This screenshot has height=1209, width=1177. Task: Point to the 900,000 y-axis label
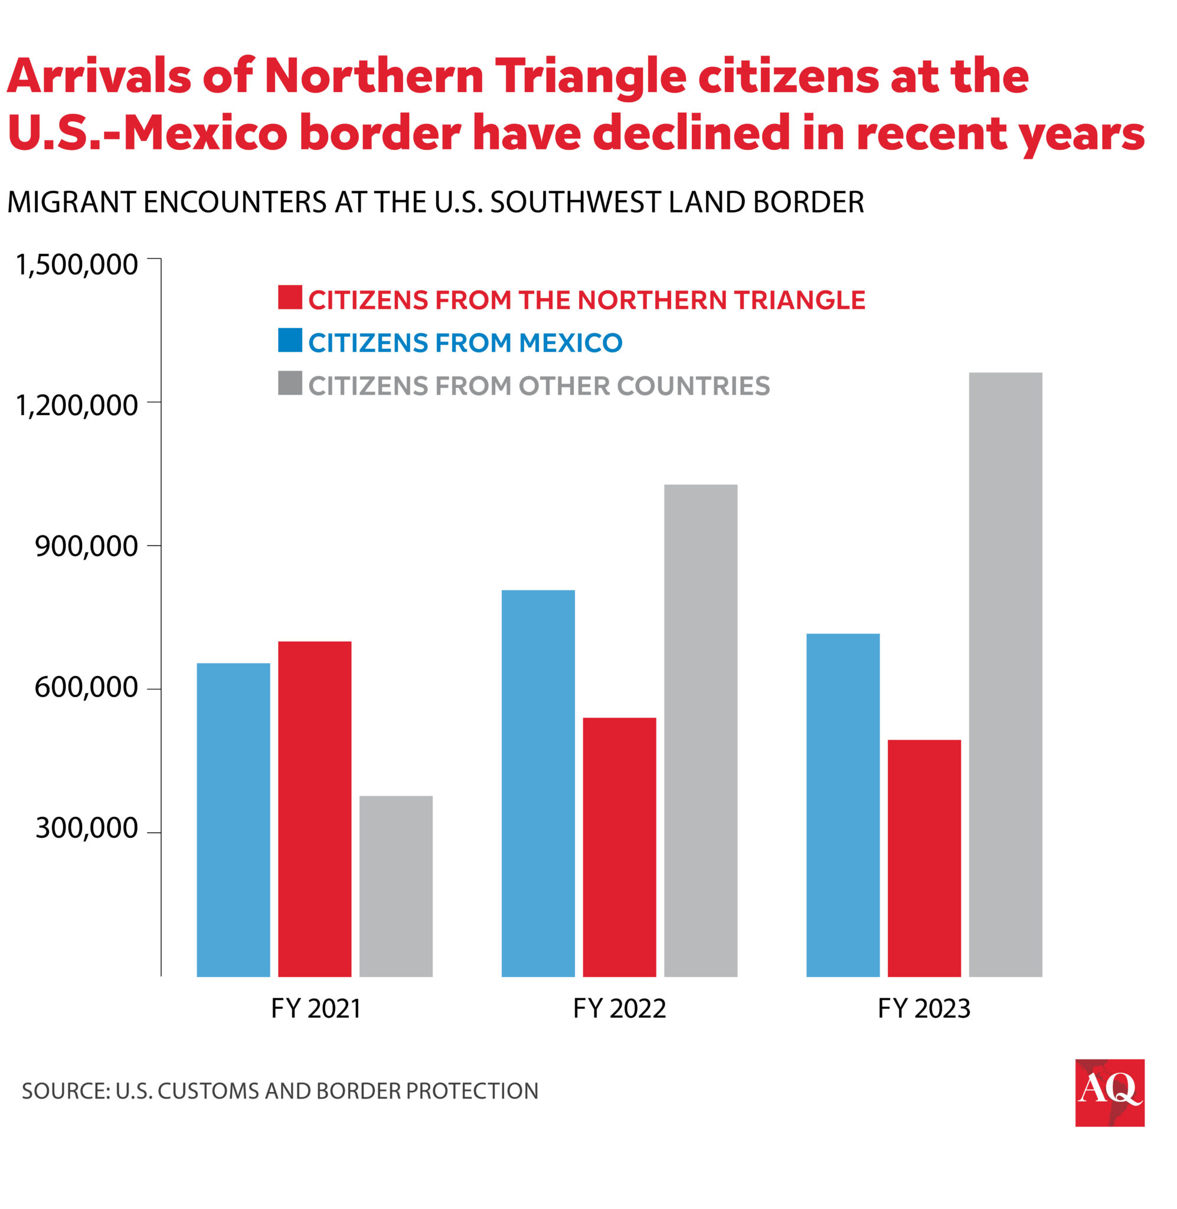[x=87, y=547]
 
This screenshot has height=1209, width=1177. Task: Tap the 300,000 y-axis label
[x=87, y=828]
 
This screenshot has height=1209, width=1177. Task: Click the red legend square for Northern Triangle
[x=290, y=298]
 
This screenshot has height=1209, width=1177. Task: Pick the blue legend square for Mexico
[x=290, y=340]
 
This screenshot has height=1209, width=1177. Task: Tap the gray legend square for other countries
[x=290, y=383]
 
